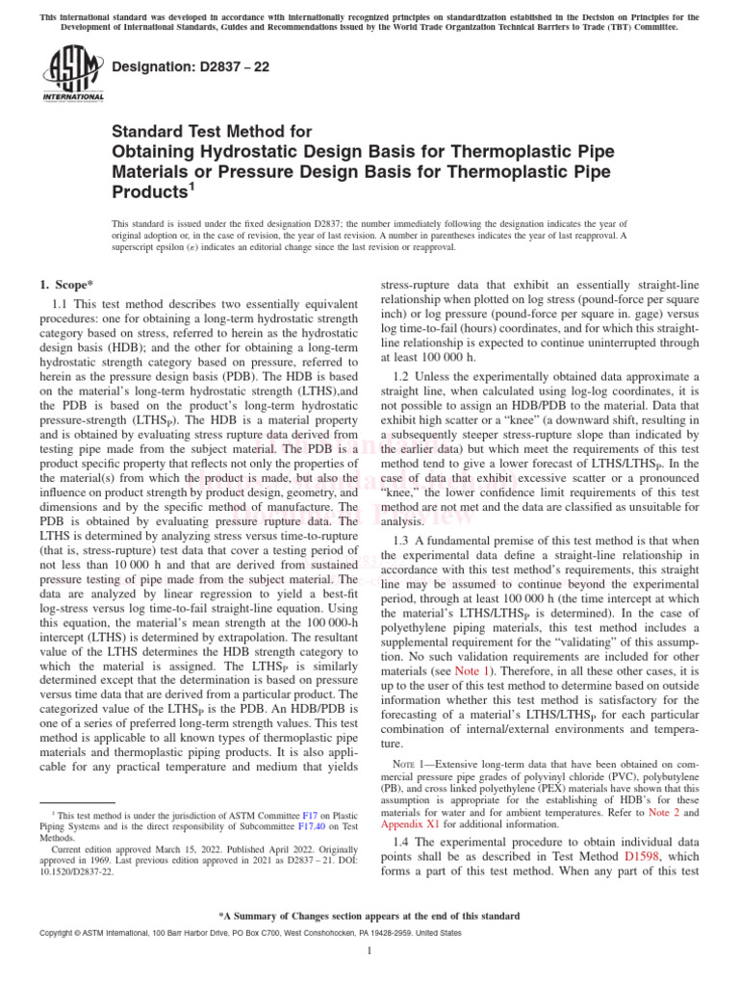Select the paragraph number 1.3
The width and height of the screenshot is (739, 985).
tap(405, 541)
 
